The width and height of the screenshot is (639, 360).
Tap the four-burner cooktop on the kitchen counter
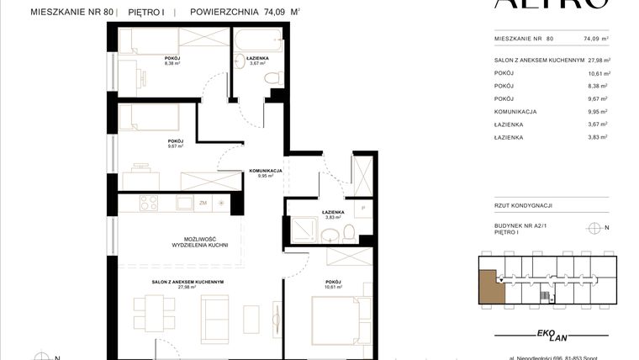click(x=149, y=203)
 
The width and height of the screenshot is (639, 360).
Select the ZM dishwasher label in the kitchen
click(x=203, y=203)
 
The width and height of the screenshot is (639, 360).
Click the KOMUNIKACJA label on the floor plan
click(x=265, y=171)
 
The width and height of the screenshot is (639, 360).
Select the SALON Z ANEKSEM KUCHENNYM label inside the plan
click(x=173, y=282)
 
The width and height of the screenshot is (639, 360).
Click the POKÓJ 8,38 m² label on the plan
click(x=172, y=60)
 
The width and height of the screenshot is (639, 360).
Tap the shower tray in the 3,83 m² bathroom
click(x=302, y=227)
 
